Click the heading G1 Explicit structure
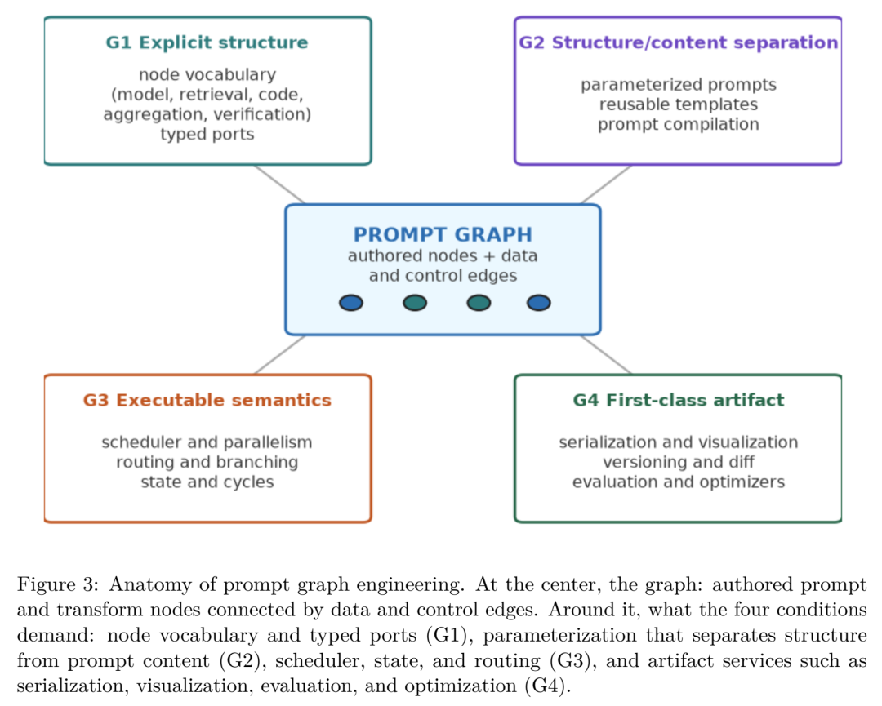pyautogui.click(x=207, y=42)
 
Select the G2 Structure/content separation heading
pyautogui.click(x=679, y=42)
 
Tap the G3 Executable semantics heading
pyautogui.click(x=207, y=400)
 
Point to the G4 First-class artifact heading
pyautogui.click(x=679, y=400)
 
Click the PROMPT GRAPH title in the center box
pyautogui.click(x=443, y=233)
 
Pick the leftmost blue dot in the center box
pyautogui.click(x=351, y=303)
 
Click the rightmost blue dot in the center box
pyautogui.click(x=539, y=303)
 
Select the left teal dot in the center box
pyautogui.click(x=415, y=303)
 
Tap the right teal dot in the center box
pyautogui.click(x=479, y=303)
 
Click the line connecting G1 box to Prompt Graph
pyautogui.click(x=279, y=184)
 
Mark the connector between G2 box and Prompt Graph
pyautogui.click(x=606, y=184)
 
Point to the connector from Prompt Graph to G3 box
pyautogui.click(x=279, y=355)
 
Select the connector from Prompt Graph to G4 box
pyautogui.click(x=606, y=355)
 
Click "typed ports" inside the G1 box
pyautogui.click(x=207, y=135)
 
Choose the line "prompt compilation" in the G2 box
pyautogui.click(x=679, y=124)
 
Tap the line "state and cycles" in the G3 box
pyautogui.click(x=207, y=482)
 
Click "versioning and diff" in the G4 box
pyautogui.click(x=679, y=462)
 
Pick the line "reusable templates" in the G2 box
pyautogui.click(x=679, y=104)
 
